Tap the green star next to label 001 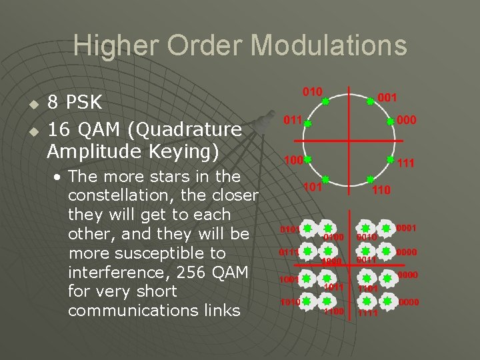(x=370, y=101)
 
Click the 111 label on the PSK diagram (x=406, y=162)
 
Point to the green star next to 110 (x=370, y=180)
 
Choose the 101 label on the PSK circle (x=311, y=187)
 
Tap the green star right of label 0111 (x=306, y=252)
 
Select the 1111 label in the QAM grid (x=367, y=312)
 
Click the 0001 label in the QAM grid (x=407, y=228)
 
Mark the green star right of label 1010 (x=306, y=301)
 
